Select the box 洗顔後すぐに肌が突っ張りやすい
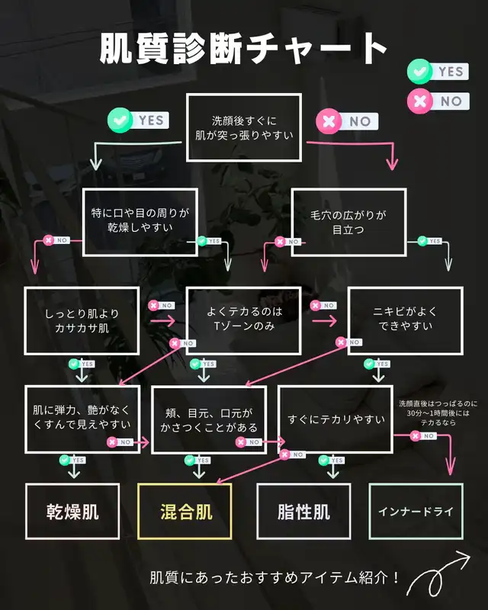click(x=243, y=127)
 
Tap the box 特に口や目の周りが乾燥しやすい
click(x=140, y=222)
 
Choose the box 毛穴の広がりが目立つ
click(x=348, y=222)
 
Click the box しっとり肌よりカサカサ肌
click(x=82, y=320)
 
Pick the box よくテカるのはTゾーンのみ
click(x=244, y=320)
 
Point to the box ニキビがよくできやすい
click(x=405, y=320)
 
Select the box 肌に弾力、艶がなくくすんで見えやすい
click(x=82, y=419)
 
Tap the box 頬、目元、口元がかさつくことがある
click(x=209, y=419)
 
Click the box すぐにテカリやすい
click(x=335, y=419)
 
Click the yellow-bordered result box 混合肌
click(x=186, y=512)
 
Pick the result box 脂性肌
click(x=303, y=512)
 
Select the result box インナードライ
click(x=416, y=512)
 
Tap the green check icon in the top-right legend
click(x=419, y=72)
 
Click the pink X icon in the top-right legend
click(x=419, y=100)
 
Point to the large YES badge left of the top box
click(x=137, y=120)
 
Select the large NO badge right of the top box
click(x=347, y=120)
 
